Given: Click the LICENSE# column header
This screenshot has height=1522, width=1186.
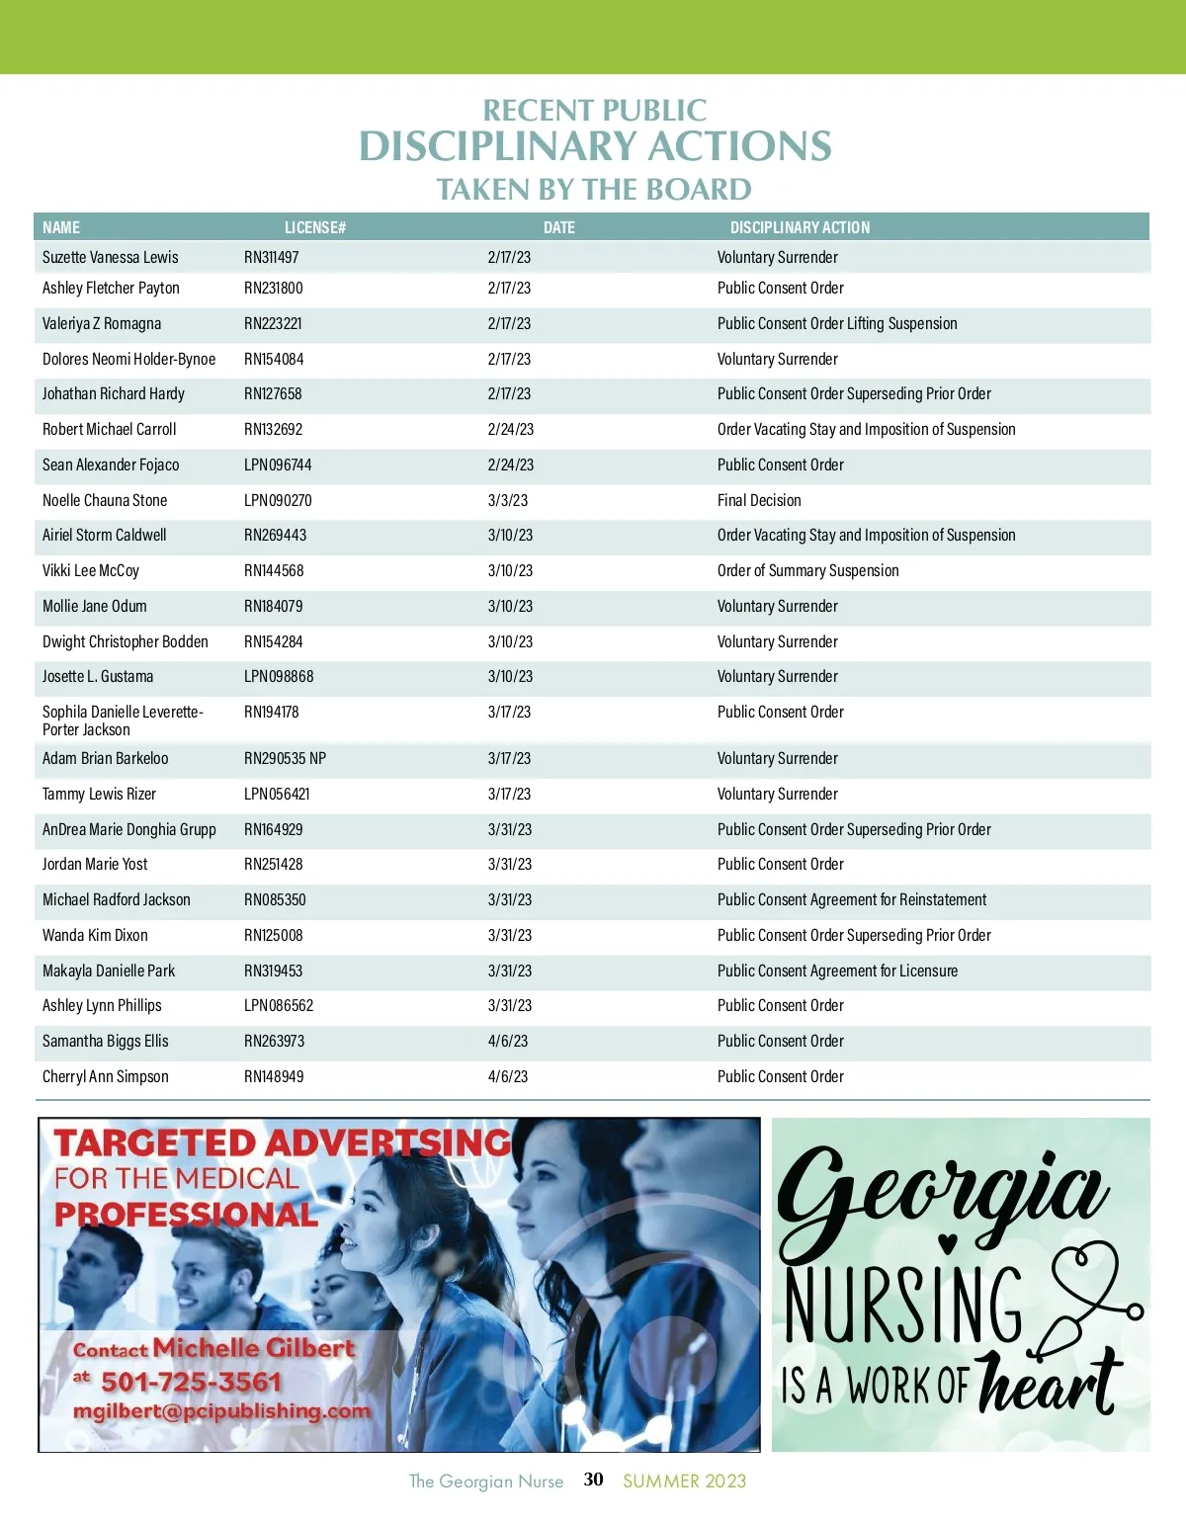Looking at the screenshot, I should click(x=314, y=227).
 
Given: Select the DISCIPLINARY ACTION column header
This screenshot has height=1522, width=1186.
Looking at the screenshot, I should click(x=800, y=227).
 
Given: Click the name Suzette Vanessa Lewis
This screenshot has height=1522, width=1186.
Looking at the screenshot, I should click(x=110, y=257).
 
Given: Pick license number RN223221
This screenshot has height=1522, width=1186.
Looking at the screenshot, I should click(x=273, y=323).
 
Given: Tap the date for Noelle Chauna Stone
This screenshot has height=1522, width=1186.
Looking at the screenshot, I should click(x=507, y=500).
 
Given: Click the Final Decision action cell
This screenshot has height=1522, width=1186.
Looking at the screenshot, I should click(x=759, y=500).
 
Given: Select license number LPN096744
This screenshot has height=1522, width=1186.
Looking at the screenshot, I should click(x=278, y=465).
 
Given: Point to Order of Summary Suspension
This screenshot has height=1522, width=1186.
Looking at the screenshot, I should click(x=807, y=570).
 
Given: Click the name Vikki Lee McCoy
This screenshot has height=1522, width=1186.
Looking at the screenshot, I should click(x=91, y=570).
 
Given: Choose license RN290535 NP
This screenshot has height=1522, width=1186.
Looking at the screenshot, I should click(x=285, y=758).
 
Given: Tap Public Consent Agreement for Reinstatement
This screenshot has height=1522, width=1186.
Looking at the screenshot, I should click(x=851, y=899).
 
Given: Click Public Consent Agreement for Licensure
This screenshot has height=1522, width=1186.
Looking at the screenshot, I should click(x=837, y=971).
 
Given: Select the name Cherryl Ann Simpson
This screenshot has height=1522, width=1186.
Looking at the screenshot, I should click(x=105, y=1076).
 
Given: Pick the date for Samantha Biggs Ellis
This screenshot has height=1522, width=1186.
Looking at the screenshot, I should click(x=507, y=1041).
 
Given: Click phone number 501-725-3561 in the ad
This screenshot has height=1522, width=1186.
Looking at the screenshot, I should click(x=191, y=1381).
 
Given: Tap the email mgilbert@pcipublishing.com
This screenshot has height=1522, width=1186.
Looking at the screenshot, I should click(x=221, y=1411).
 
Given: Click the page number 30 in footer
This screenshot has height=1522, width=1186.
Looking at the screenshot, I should click(x=593, y=1480).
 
